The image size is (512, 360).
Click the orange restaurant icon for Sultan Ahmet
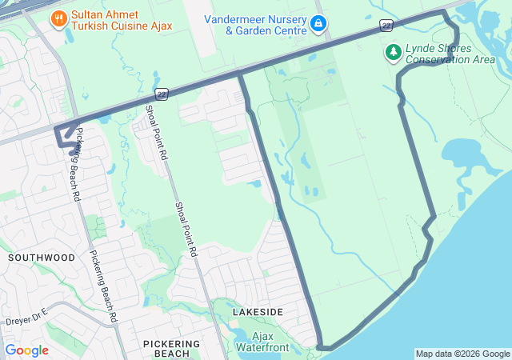(58, 18)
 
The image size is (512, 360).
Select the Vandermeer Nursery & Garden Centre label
(254, 25)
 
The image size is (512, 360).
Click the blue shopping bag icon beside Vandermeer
(319, 23)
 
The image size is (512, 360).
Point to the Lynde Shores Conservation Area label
(450, 53)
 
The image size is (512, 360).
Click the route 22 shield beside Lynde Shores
(386, 26)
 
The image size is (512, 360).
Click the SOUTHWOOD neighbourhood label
(42, 258)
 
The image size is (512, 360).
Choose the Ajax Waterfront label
(262, 342)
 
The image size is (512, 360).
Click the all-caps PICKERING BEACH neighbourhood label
(166, 348)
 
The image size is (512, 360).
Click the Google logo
(26, 350)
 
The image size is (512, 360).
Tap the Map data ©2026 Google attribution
(462, 354)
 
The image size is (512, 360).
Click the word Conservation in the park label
(439, 59)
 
